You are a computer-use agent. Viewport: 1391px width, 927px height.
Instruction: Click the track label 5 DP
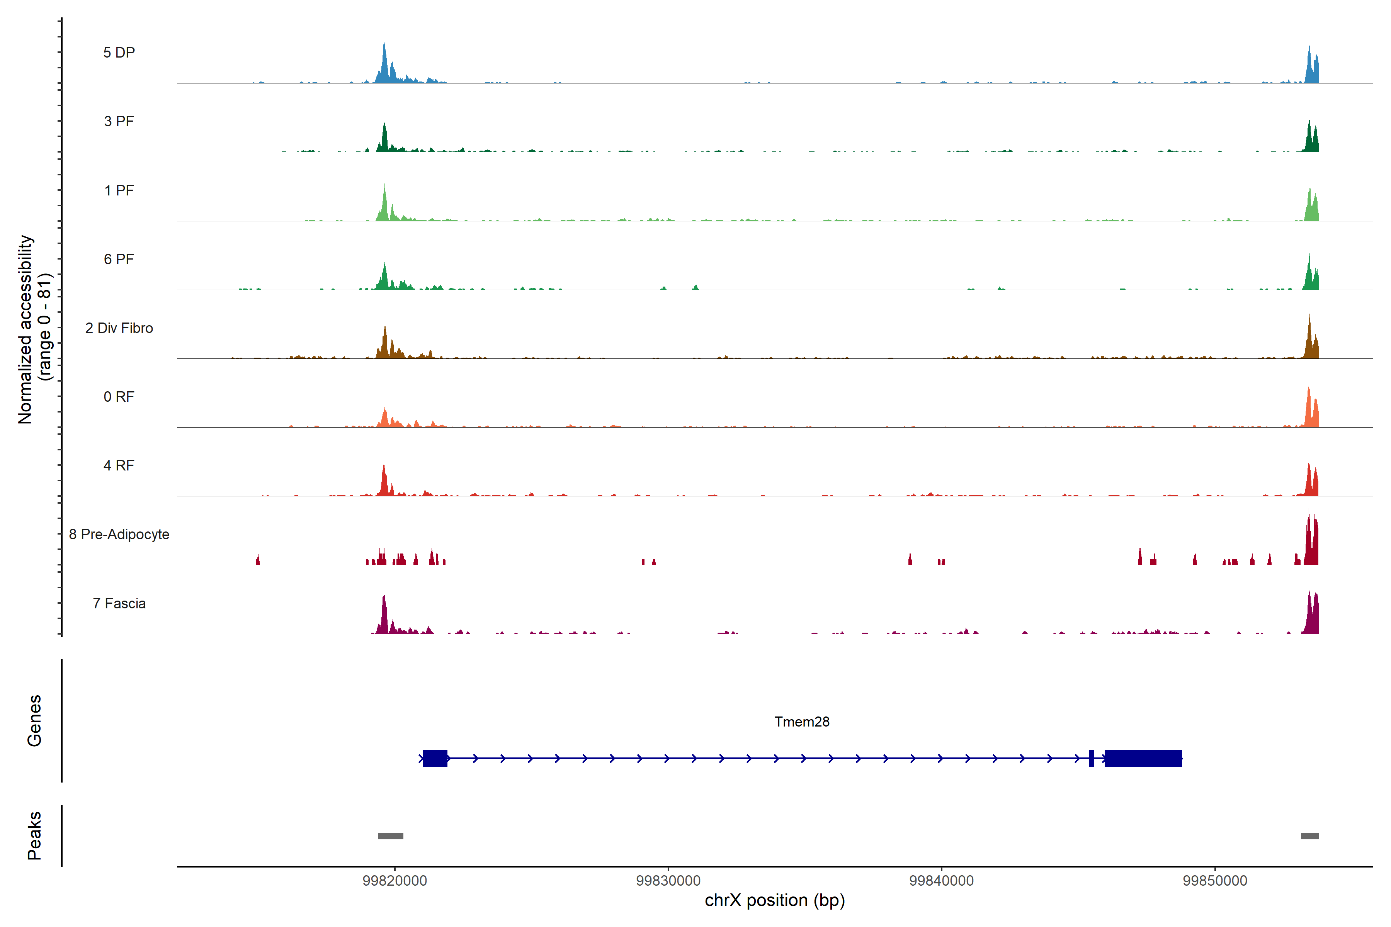point(119,53)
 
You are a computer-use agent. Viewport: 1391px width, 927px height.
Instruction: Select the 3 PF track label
point(119,121)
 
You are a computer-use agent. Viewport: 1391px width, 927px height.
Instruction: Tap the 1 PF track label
point(119,190)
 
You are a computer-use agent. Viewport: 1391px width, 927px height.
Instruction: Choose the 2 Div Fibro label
point(119,328)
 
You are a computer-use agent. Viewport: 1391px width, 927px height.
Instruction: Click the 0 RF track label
point(119,397)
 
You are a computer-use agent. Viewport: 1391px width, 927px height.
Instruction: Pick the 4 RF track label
point(119,465)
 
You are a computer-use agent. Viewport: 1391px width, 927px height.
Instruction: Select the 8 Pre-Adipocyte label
point(119,535)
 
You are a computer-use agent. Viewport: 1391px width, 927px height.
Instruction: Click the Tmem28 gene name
point(802,722)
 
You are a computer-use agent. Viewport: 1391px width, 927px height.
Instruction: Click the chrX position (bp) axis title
point(775,900)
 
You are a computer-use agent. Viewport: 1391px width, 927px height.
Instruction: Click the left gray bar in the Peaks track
point(390,836)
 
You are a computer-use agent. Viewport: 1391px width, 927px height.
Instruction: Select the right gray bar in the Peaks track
point(1309,836)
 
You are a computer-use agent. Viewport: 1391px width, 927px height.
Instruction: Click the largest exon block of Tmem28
point(1143,758)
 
